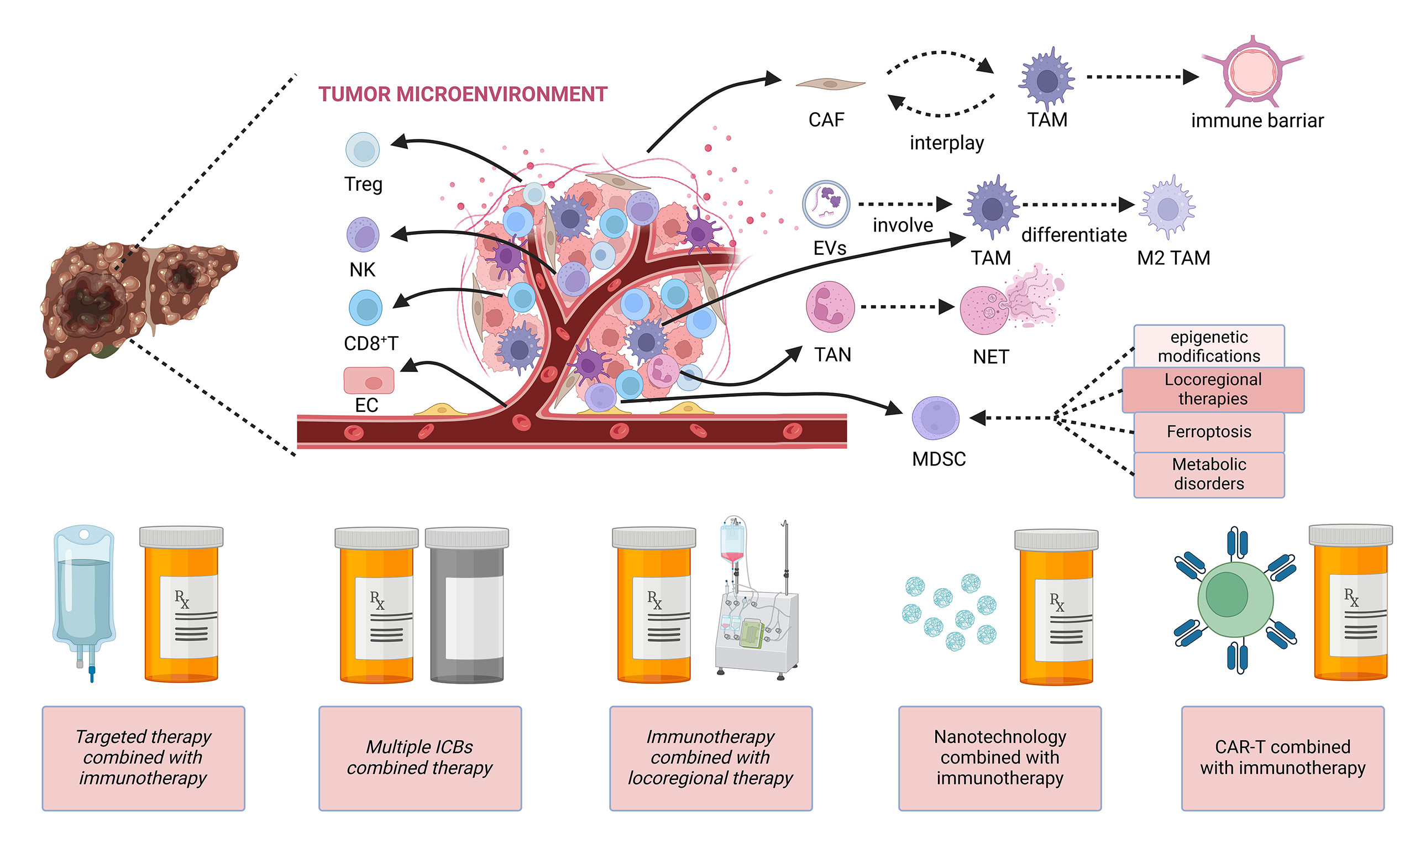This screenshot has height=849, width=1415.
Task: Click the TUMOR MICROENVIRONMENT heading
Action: point(462,95)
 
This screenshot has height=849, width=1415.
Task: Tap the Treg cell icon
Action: point(363,150)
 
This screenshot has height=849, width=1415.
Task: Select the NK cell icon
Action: point(363,234)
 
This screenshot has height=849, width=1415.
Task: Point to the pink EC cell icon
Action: point(368,380)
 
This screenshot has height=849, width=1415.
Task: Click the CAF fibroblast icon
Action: point(830,84)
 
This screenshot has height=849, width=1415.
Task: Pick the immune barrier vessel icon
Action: point(1252,72)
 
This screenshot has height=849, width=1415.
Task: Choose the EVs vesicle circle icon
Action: point(825,205)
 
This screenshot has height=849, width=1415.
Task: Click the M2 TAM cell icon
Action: point(1167,208)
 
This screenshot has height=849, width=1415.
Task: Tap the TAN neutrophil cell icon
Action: point(830,307)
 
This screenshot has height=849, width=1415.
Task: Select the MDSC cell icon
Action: point(935,418)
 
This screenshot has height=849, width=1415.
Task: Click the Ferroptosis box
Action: point(1208,432)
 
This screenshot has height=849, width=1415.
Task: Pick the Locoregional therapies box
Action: point(1213,390)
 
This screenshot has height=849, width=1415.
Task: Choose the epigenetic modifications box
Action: point(1208,346)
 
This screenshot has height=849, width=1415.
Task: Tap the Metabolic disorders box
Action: point(1208,474)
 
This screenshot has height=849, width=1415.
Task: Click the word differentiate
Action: point(1073,235)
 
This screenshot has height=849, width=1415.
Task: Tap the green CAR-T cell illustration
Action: point(1235,600)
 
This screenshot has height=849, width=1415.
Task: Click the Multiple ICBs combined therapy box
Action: point(420,758)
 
